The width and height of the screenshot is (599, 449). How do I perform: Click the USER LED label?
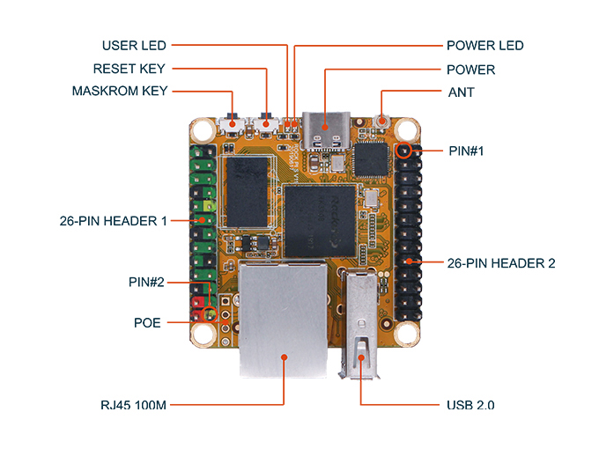coord(134,45)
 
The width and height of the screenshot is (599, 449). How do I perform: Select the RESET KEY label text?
coord(129,69)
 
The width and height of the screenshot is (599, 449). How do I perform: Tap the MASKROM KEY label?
coord(120,91)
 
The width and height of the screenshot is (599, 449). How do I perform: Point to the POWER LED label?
coord(484,45)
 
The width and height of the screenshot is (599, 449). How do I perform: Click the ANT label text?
coord(461,91)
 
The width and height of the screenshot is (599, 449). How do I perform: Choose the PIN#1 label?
coord(467,151)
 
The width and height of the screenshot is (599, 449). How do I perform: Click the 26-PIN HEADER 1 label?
coord(109,220)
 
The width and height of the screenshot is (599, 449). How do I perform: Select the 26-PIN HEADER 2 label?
coord(500,262)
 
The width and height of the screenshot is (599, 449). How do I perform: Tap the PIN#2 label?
coord(146,282)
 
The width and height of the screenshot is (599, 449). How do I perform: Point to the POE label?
coord(147,322)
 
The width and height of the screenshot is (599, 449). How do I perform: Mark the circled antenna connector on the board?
coord(384,121)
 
